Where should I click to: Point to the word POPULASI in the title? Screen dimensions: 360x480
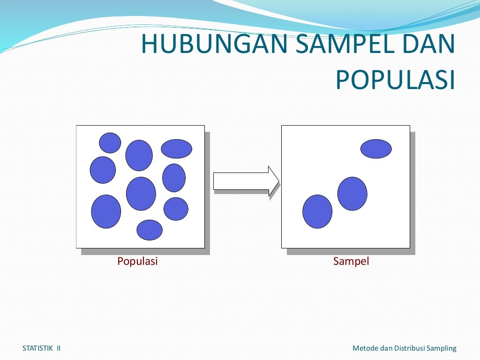(x=395, y=80)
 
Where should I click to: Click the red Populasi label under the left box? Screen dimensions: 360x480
(x=137, y=262)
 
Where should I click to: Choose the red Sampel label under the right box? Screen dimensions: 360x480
(x=351, y=262)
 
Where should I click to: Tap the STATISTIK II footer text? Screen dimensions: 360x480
(x=41, y=348)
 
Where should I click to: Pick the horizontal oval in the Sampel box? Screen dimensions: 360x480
(x=376, y=149)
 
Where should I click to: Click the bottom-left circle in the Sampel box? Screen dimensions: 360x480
(x=317, y=211)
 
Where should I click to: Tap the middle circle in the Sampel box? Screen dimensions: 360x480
(x=352, y=194)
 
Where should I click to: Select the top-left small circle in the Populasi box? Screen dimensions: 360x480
(x=110, y=142)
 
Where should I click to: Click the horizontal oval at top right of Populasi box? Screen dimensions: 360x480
(x=177, y=149)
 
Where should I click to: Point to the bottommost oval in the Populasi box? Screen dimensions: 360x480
(x=150, y=230)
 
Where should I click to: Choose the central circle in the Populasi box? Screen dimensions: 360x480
(x=141, y=194)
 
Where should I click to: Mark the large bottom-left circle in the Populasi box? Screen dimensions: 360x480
(x=106, y=211)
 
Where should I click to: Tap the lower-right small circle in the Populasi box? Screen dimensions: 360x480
(x=176, y=209)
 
